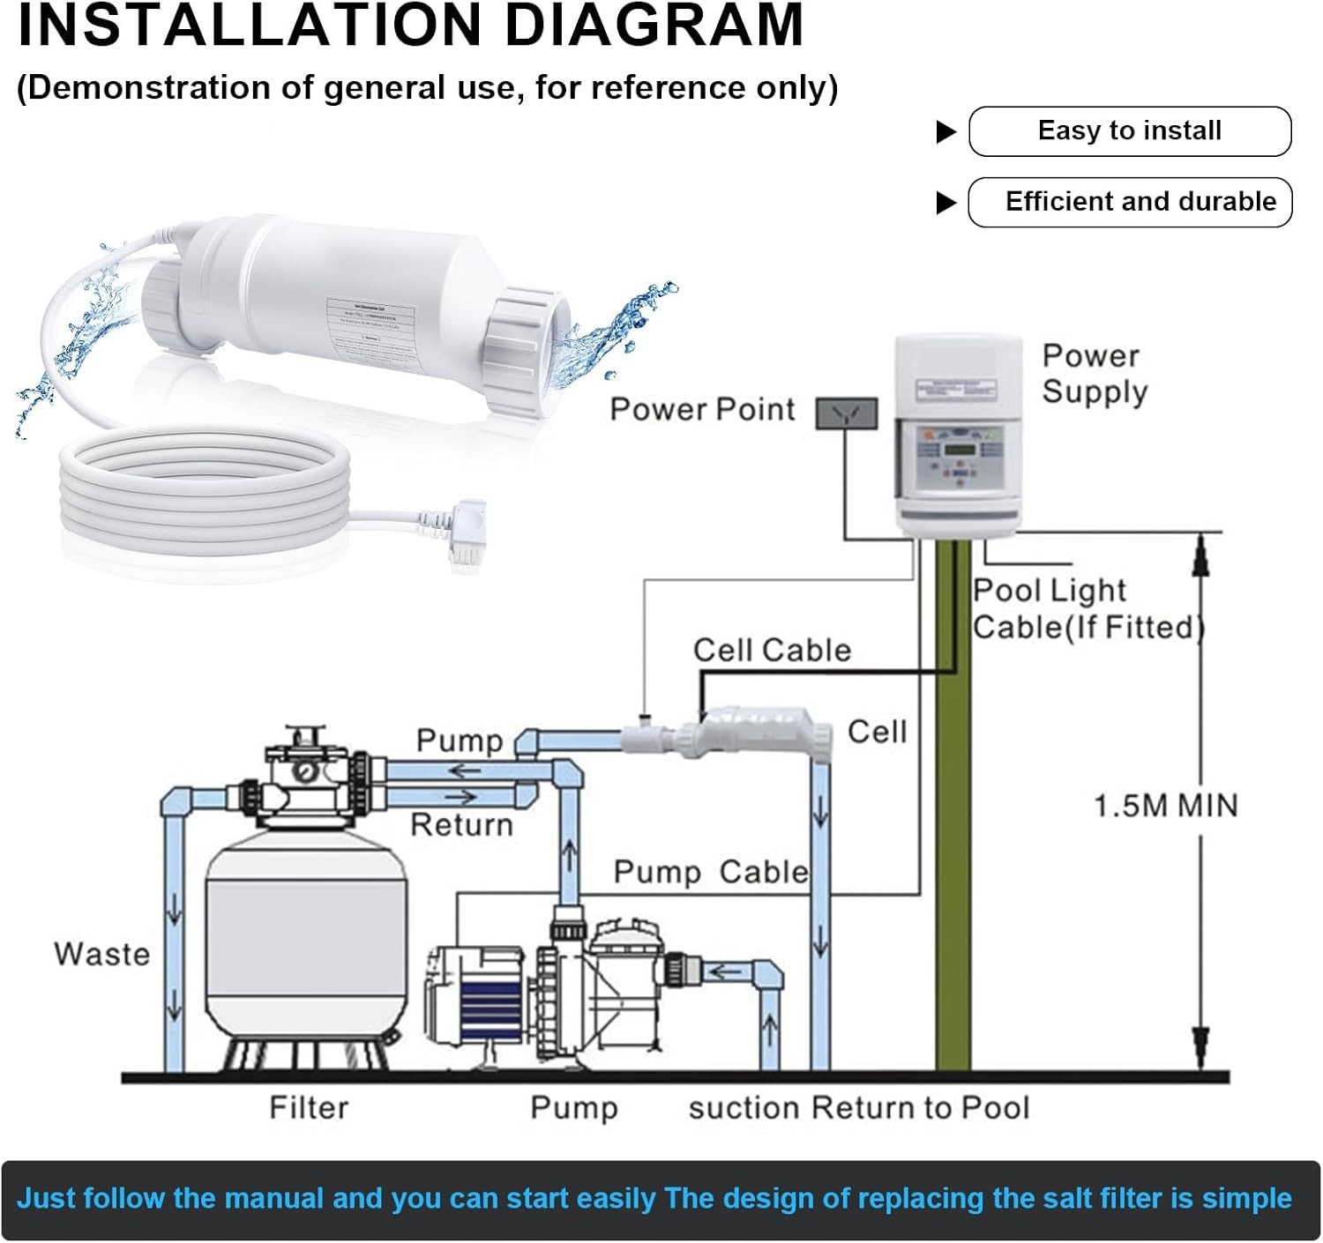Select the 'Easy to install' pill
[x=1130, y=131]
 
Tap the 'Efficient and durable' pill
[x=1130, y=202]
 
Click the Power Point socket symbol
[x=846, y=413]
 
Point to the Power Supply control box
[x=957, y=435]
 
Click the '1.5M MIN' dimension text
[x=1166, y=806]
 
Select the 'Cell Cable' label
[x=772, y=651]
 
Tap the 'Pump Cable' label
[x=710, y=872]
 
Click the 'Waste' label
[x=101, y=954]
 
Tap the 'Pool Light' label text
[x=1050, y=591]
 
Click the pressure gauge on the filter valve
[x=305, y=770]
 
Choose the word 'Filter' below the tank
[x=309, y=1107]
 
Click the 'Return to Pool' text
[x=920, y=1107]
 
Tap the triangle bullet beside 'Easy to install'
[x=946, y=132]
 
